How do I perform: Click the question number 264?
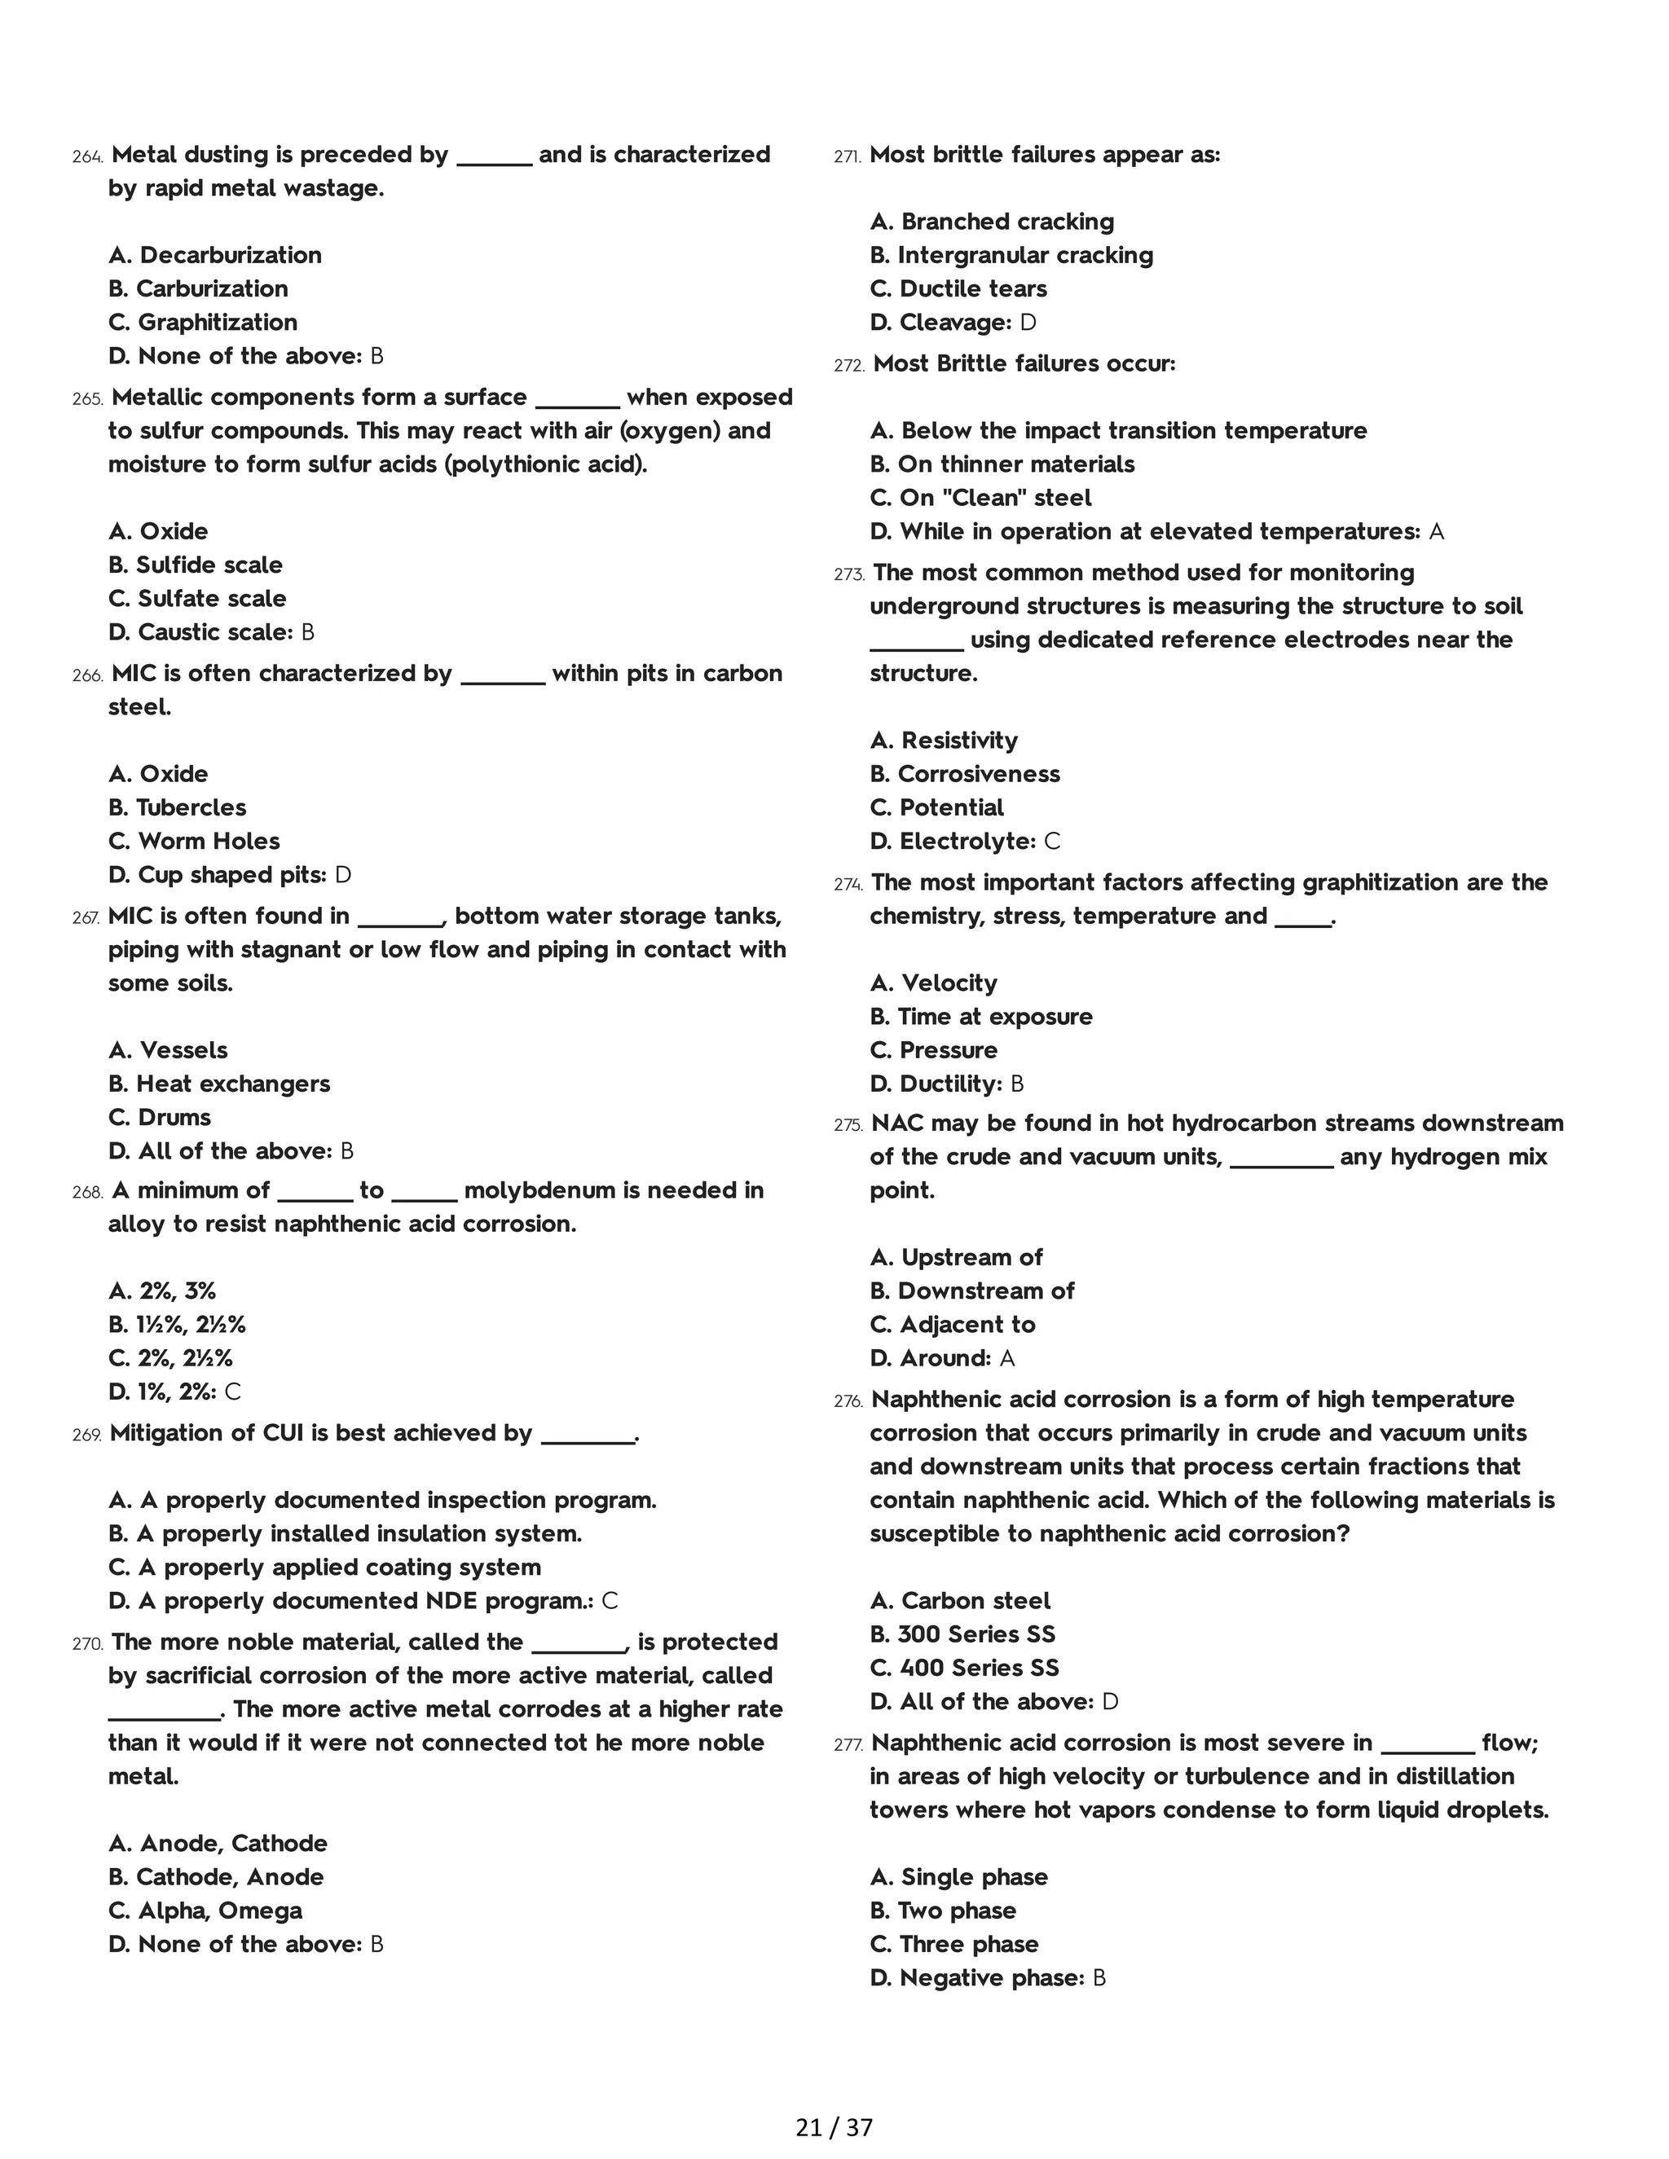click(87, 156)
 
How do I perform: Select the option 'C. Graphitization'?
click(203, 323)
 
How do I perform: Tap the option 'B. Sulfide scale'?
click(196, 565)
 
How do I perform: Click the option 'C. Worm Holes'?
click(194, 842)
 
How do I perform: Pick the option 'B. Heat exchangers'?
click(219, 1084)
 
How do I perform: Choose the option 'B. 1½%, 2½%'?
click(177, 1325)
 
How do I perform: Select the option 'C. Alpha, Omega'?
click(205, 1911)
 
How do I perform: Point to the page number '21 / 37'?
click(834, 2127)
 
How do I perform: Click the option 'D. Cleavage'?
click(940, 323)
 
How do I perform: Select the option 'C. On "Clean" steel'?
click(981, 499)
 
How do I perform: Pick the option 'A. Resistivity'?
click(945, 741)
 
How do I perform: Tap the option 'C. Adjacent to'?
click(952, 1325)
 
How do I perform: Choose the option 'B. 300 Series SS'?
click(962, 1634)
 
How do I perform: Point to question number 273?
click(849, 574)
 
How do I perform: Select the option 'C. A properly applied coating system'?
click(324, 1567)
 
